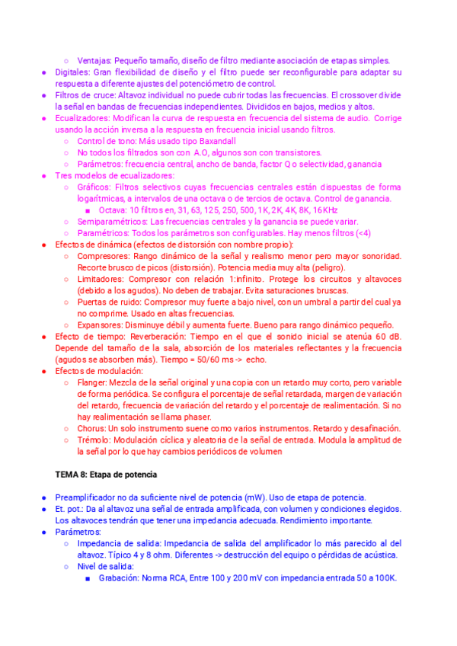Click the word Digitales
tap(74, 72)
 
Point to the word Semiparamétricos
tap(111, 221)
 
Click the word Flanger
tap(92, 382)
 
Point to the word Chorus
tap(91, 428)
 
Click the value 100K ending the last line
tap(385, 578)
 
